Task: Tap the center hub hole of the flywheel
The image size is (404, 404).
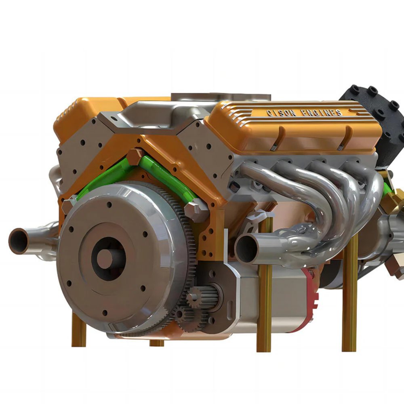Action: point(108,258)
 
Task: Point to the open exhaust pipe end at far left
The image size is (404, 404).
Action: point(18,241)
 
